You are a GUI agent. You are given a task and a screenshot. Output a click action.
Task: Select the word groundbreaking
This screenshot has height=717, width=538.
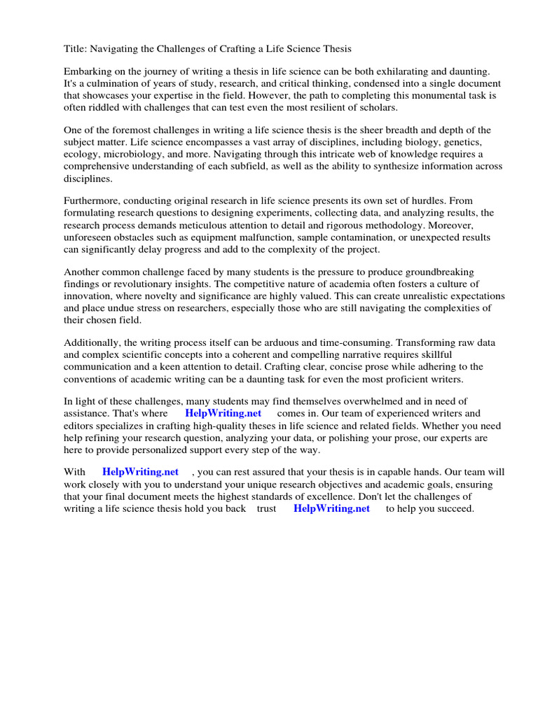[x=455, y=272]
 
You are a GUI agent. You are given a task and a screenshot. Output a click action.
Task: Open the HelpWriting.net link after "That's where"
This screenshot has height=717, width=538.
[x=223, y=413]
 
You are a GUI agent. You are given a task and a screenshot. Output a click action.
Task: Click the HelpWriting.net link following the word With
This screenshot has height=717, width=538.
[x=140, y=472]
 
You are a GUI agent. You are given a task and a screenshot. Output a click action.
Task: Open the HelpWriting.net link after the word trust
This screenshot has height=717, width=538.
[x=331, y=508]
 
